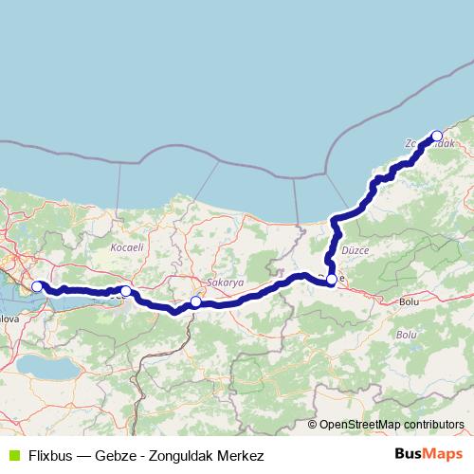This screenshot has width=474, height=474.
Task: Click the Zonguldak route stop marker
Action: tap(437, 136)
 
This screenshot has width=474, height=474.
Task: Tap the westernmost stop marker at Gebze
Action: tap(37, 286)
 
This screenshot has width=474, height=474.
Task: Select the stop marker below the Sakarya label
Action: tap(195, 302)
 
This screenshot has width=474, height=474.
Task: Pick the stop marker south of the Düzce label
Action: tap(331, 280)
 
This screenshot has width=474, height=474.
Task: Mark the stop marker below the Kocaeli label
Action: tap(125, 291)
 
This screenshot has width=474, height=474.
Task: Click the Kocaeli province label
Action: tap(126, 246)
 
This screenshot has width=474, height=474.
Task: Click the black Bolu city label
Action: tap(410, 301)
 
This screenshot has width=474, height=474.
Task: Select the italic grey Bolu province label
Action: tap(406, 335)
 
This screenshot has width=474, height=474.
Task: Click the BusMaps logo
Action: tap(428, 454)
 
